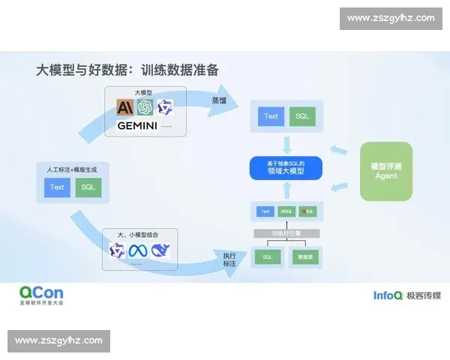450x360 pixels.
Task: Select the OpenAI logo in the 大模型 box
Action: click(145, 108)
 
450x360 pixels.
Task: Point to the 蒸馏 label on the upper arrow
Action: click(218, 100)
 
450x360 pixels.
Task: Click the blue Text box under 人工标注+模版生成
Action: click(58, 187)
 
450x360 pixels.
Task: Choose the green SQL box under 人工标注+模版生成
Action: click(88, 187)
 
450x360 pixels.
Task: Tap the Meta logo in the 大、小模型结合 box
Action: click(139, 250)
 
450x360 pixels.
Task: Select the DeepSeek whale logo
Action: click(160, 250)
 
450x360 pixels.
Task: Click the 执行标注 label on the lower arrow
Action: click(229, 259)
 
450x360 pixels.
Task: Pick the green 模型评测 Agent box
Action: click(386, 170)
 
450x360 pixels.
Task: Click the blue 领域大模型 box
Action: click(285, 168)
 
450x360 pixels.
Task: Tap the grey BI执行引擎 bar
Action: click(285, 234)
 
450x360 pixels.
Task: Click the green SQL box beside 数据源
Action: click(267, 257)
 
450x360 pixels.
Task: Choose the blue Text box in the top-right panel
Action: click(271, 116)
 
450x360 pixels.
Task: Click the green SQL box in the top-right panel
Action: click(302, 116)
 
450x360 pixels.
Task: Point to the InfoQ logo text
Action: click(388, 295)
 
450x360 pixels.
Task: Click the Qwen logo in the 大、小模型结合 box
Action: click(118, 250)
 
